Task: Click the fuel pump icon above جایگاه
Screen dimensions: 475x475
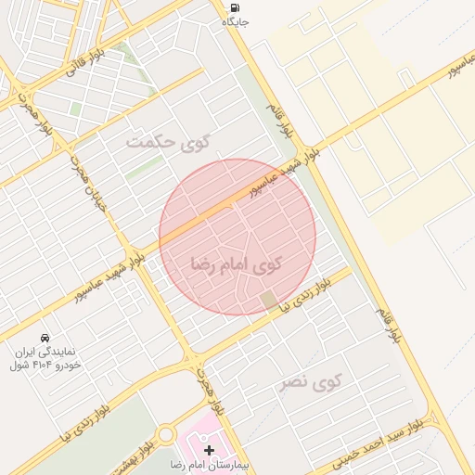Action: click(231, 8)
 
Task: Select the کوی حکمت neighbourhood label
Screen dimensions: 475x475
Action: click(168, 143)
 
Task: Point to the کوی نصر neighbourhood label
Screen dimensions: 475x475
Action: click(312, 381)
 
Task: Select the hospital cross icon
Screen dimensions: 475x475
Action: click(209, 449)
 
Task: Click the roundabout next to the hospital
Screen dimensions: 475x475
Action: click(166, 434)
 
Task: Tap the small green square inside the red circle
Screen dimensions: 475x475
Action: click(268, 300)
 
